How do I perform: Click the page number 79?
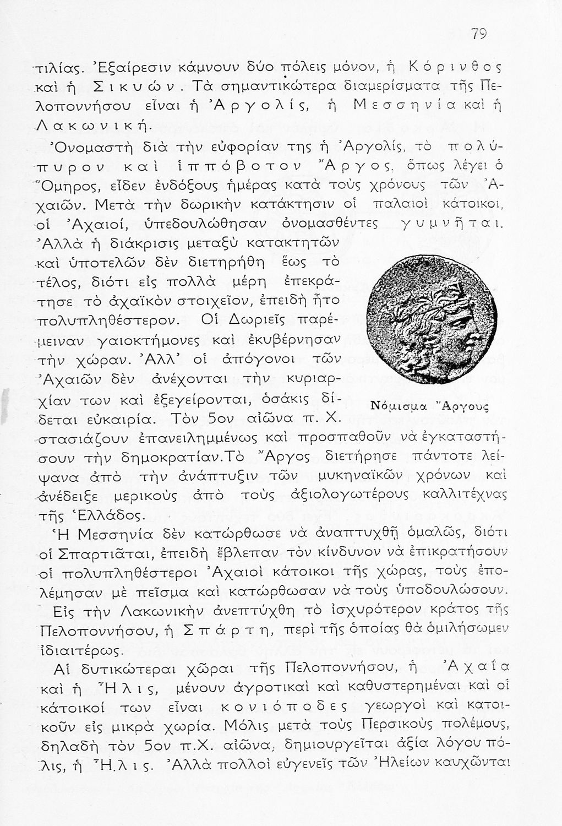pos(479,34)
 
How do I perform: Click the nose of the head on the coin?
pos(477,335)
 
